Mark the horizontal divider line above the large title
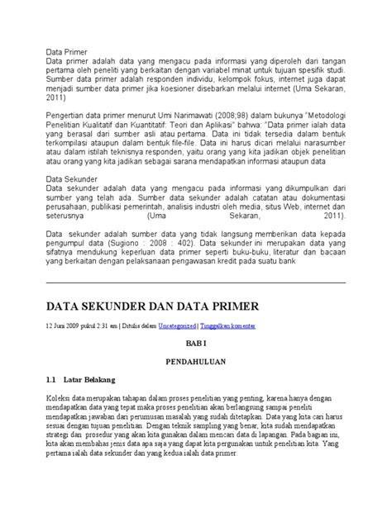(x=195, y=282)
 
